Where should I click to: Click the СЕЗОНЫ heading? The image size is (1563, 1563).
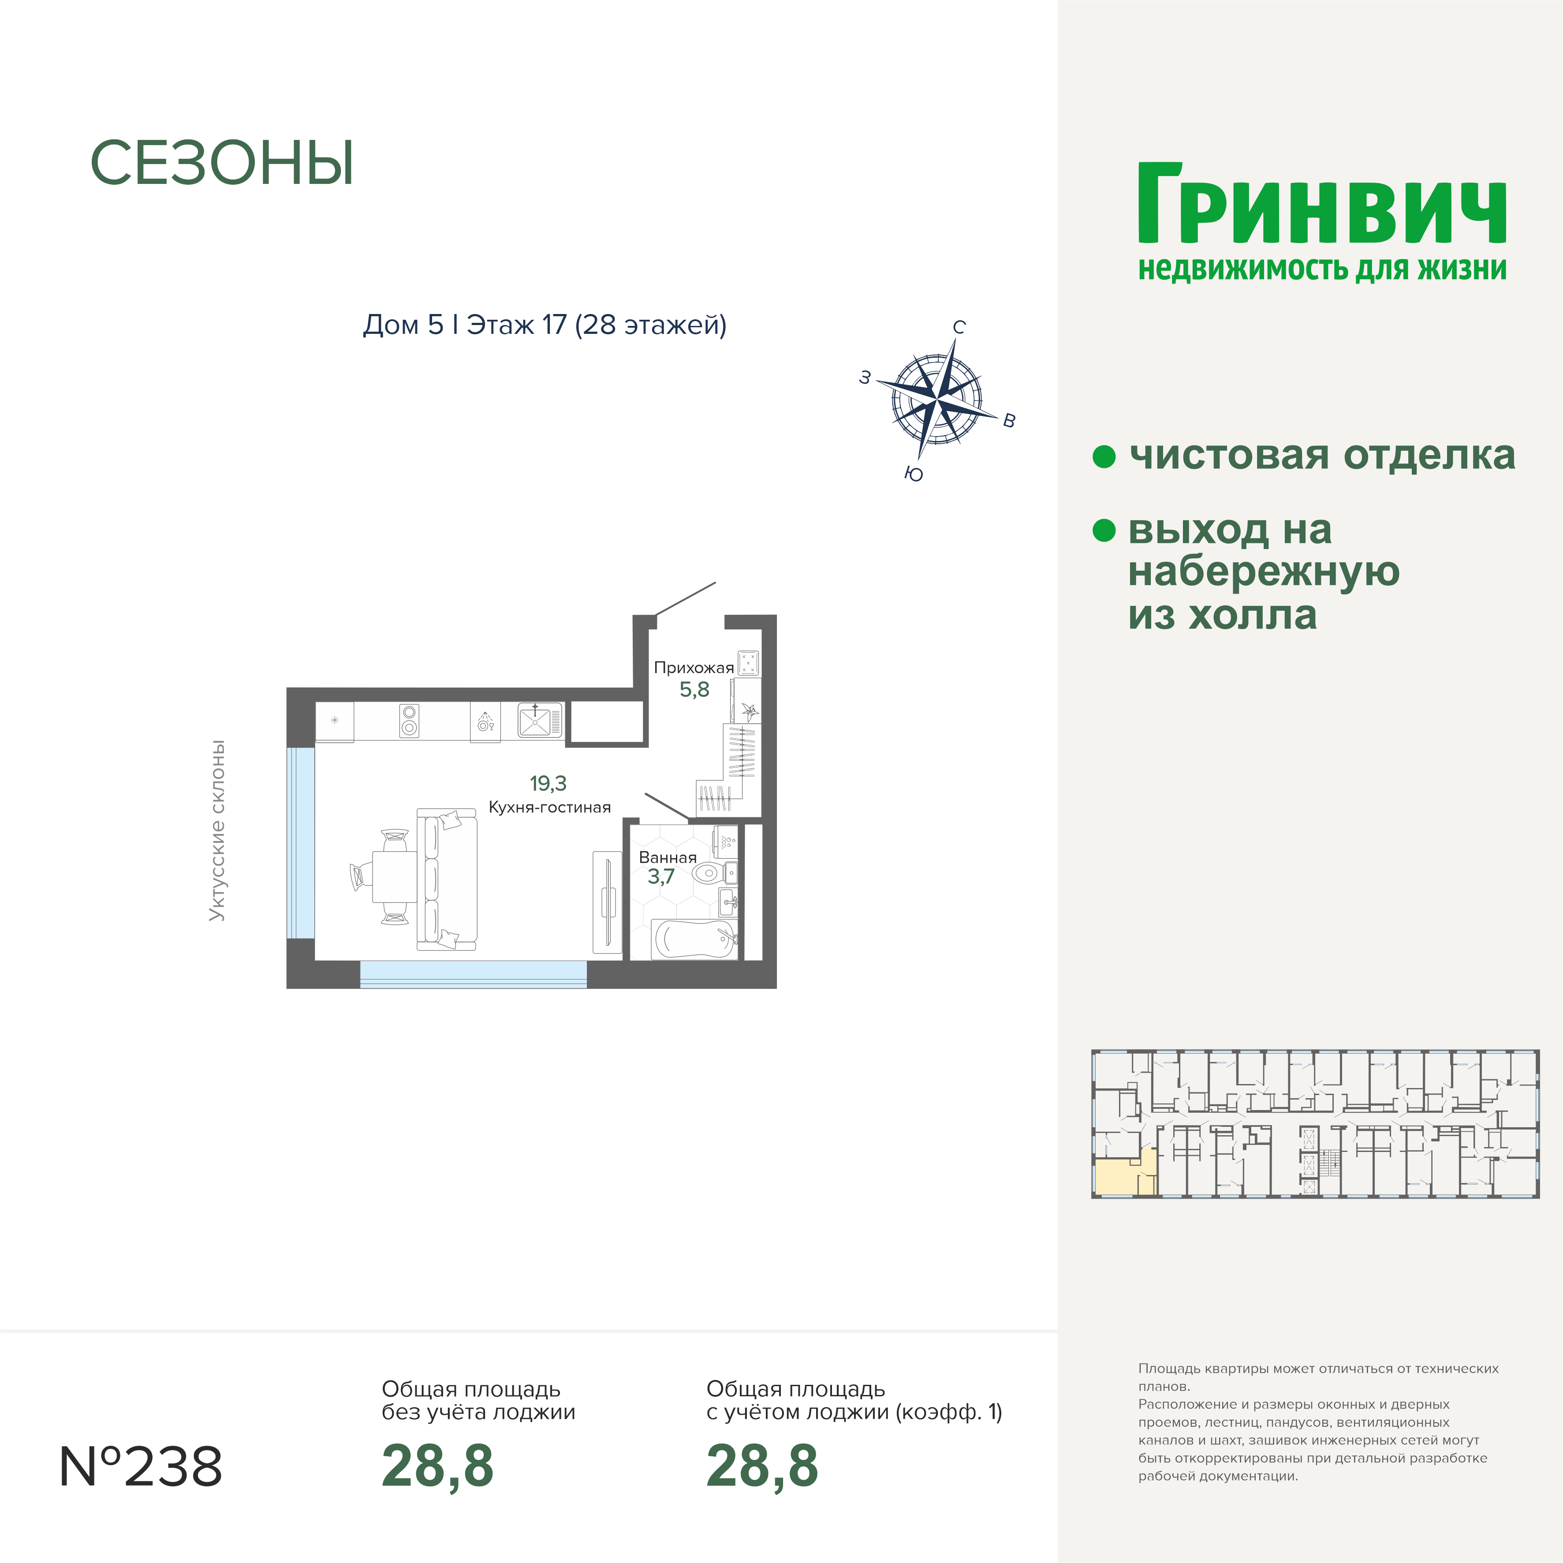(x=222, y=164)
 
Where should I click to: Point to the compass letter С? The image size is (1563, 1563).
(x=959, y=327)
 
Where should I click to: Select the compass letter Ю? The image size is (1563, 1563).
(x=914, y=474)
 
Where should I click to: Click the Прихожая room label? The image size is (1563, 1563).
(x=693, y=668)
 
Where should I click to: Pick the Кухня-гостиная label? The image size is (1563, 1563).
(x=549, y=807)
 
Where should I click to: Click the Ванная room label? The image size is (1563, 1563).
(x=668, y=857)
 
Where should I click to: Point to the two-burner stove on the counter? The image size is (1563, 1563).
(x=409, y=720)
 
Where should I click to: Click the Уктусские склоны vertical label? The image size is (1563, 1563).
(x=217, y=830)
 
